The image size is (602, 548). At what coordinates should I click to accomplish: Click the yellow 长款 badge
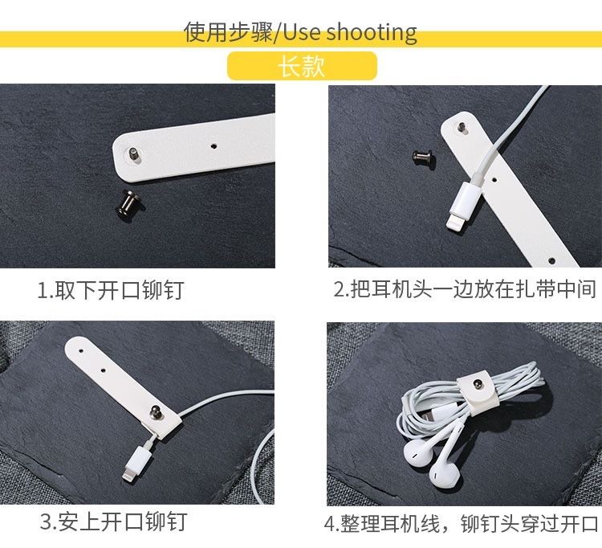point(302,66)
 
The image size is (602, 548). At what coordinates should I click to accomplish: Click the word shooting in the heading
point(372,32)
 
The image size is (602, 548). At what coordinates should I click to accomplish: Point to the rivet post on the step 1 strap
point(134,155)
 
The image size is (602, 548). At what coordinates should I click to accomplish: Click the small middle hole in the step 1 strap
point(214,146)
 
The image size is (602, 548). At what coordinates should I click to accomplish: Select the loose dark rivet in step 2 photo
point(423,158)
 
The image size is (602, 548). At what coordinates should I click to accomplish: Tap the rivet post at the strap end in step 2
point(462,128)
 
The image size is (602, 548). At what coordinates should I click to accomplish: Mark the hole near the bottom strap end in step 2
point(551,261)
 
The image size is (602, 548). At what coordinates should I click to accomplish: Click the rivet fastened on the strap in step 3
point(157,411)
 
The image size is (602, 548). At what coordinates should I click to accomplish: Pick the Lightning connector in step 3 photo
point(136,461)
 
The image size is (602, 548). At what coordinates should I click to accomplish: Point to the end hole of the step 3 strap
point(81,350)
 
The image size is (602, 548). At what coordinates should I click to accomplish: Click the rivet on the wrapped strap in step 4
point(478,384)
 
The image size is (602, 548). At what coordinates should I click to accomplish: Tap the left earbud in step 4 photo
point(418,451)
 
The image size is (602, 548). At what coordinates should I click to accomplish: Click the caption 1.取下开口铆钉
point(111,290)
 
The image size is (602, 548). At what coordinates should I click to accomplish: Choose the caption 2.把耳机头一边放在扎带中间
point(465,289)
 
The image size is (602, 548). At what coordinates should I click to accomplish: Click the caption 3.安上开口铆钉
point(114,521)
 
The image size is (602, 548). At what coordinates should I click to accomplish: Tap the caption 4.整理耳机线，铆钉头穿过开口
point(461,523)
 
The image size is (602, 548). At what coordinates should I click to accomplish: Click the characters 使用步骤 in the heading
point(228,32)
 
